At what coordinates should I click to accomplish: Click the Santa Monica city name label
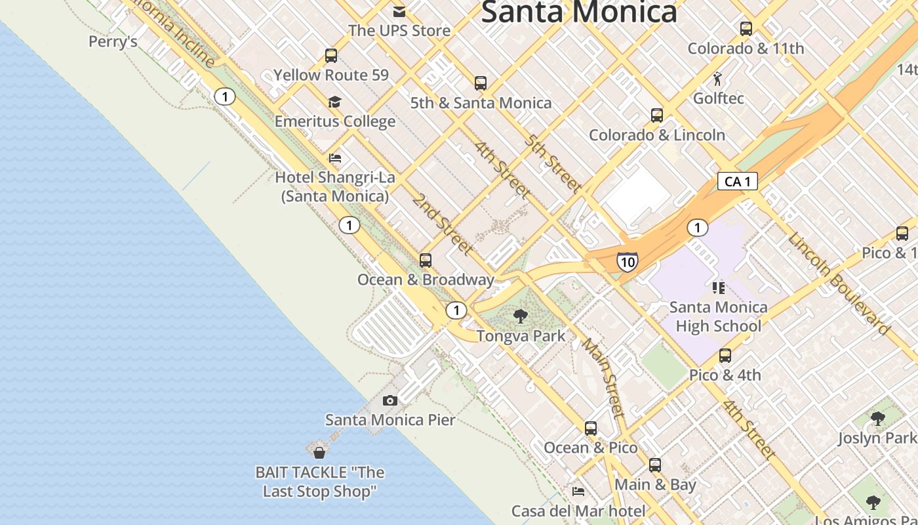579,12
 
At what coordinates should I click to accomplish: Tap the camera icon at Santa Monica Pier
390,400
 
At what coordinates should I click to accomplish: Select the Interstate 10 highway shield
628,262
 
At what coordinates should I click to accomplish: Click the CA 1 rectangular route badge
737,181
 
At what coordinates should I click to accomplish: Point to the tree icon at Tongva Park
521,316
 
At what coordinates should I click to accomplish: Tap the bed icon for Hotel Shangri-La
335,158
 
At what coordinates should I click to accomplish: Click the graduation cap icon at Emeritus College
335,102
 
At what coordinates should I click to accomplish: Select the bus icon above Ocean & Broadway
426,261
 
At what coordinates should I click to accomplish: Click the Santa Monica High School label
718,316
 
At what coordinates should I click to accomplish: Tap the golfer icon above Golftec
718,79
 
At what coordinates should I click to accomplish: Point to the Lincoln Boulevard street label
839,283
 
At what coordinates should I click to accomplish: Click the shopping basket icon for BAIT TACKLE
319,453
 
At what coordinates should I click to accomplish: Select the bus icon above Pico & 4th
725,356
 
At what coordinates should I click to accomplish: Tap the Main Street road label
603,377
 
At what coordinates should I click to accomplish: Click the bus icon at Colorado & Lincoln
657,115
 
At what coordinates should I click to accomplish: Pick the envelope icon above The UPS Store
399,11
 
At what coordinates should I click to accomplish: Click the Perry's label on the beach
113,42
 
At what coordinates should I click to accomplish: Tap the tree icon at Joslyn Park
877,418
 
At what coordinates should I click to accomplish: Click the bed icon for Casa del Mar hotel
578,491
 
